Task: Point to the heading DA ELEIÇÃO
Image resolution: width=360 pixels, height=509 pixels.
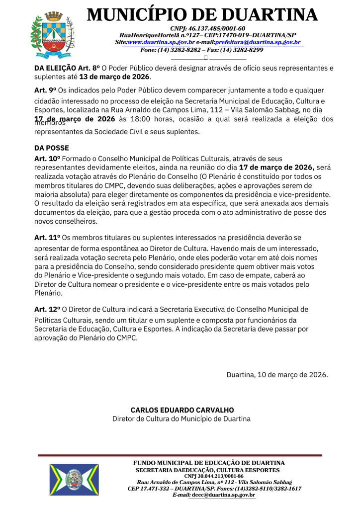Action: pyautogui.click(x=55, y=68)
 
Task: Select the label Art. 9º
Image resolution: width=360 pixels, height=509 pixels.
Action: pyautogui.click(x=45, y=90)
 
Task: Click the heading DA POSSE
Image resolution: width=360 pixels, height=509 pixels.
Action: pyautogui.click(x=52, y=148)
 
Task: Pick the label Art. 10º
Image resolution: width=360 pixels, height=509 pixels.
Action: pyautogui.click(x=47, y=158)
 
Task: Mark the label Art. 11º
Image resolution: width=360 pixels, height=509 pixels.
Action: pyautogui.click(x=47, y=238)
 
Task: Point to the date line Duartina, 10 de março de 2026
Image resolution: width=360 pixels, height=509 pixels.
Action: pyautogui.click(x=277, y=374)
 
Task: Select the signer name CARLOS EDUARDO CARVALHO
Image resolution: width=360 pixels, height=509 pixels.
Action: pyautogui.click(x=181, y=410)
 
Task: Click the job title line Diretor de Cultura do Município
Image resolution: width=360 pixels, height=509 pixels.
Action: pyautogui.click(x=181, y=419)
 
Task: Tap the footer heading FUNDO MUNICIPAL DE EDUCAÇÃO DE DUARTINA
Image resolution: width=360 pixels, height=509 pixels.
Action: pyautogui.click(x=208, y=463)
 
